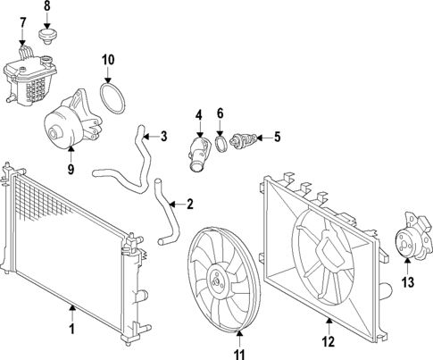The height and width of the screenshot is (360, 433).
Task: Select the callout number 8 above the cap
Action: (47, 7)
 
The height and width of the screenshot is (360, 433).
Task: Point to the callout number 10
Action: (107, 61)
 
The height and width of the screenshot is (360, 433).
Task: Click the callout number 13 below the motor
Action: (408, 283)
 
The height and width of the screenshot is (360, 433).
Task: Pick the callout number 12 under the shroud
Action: (328, 341)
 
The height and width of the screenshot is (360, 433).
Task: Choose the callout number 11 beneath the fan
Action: (238, 356)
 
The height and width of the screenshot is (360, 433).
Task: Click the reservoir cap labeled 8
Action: (47, 38)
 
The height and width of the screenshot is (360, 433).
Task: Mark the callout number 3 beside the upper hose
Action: (163, 137)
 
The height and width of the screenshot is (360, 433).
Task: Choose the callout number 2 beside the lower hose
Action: (189, 205)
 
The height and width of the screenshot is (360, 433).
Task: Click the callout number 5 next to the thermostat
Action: (277, 137)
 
